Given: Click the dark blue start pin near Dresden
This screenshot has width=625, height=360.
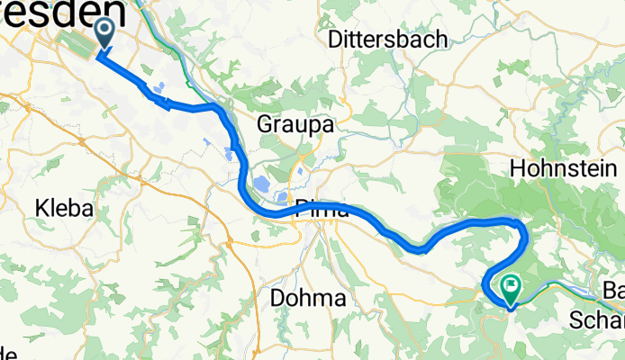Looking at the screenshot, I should (104, 34).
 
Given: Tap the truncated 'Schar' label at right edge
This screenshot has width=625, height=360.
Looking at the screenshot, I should (598, 319).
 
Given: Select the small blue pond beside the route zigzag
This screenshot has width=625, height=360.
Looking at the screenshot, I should (159, 87).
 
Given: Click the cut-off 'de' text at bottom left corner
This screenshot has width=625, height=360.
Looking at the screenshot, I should (7, 352).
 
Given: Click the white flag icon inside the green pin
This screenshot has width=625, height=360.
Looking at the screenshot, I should (512, 287).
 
